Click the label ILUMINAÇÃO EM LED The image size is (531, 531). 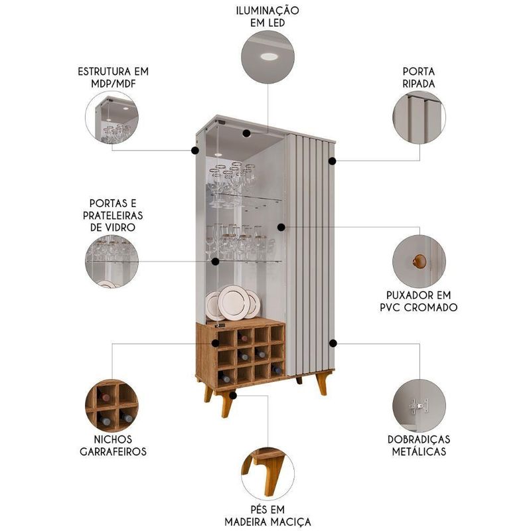click(267, 17)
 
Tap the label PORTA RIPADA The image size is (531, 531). click(419, 78)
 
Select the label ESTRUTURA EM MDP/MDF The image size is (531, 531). click(113, 78)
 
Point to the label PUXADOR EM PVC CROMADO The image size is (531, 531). click(419, 301)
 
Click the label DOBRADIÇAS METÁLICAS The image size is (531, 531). click(419, 445)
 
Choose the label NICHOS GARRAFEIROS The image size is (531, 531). click(113, 445)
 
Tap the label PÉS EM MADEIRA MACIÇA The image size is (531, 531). click(267, 515)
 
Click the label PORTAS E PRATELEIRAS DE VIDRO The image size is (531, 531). click(113, 215)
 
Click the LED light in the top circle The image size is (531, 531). click(269, 56)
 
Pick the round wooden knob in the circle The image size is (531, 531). click(419, 261)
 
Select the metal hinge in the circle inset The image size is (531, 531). click(419, 406)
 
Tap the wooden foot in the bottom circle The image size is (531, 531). click(267, 469)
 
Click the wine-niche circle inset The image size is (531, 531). click(112, 406)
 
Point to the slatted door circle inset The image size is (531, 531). click(419, 117)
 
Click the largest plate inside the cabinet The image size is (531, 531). click(234, 303)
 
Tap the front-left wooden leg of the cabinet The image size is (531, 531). click(227, 405)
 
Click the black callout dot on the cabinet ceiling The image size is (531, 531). click(246, 133)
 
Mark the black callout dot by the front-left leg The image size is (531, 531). click(233, 395)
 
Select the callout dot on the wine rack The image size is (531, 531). click(215, 343)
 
